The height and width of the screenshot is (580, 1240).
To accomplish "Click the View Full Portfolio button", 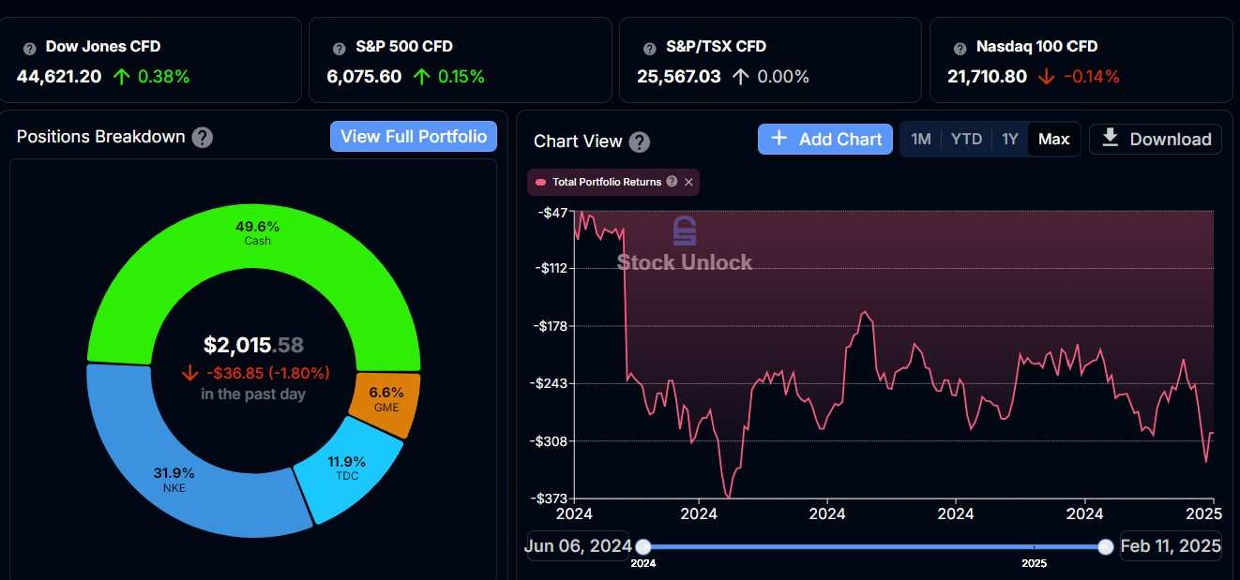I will [414, 137].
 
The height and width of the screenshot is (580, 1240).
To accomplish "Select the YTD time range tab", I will [966, 139].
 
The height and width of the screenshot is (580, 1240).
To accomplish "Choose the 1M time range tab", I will [921, 139].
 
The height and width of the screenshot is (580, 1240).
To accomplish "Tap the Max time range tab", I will [1053, 139].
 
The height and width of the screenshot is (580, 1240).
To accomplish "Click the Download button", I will [1156, 139].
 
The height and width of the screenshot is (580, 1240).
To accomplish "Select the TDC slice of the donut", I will [347, 468].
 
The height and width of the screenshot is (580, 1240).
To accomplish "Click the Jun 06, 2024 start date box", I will [579, 546].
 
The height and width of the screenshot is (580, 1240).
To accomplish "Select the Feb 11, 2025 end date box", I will [1171, 546].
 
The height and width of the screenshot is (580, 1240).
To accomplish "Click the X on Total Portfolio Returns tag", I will [688, 182].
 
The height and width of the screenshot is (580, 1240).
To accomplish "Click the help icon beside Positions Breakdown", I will [202, 137].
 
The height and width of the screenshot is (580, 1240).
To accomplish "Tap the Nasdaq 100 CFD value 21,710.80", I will [987, 76].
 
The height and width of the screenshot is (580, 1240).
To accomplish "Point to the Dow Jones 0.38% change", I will [163, 76].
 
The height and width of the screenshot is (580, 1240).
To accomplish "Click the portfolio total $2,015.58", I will [253, 345].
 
